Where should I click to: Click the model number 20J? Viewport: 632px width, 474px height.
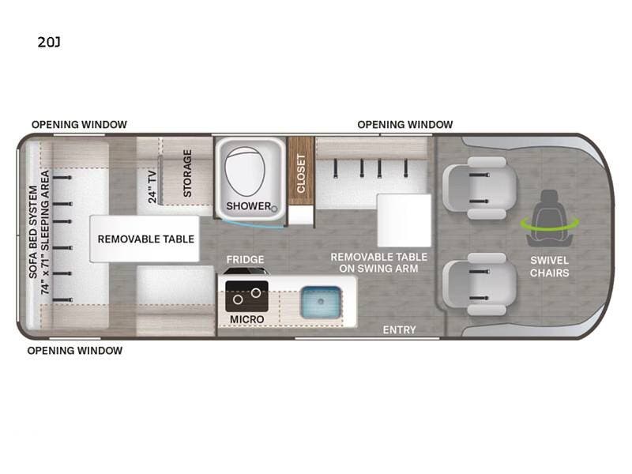tap(49, 42)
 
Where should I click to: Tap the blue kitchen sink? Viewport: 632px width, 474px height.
tap(321, 302)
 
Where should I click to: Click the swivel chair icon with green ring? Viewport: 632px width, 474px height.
tap(549, 219)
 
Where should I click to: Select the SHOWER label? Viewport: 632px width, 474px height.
tap(249, 206)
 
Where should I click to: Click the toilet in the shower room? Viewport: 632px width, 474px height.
tap(245, 171)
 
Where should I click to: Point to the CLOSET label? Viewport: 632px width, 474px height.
tap(301, 174)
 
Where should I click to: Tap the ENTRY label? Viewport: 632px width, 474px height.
tap(399, 330)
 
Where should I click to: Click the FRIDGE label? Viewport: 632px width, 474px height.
tap(245, 260)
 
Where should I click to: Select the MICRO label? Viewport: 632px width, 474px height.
tap(246, 319)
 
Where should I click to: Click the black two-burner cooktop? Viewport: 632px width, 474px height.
tap(246, 296)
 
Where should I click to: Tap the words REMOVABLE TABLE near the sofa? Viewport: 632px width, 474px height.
tap(146, 239)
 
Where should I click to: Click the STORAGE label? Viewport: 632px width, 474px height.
tap(187, 173)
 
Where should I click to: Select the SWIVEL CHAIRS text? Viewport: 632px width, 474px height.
tap(549, 266)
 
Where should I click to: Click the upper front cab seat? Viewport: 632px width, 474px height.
tap(480, 188)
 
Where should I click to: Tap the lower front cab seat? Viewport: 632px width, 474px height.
tap(480, 284)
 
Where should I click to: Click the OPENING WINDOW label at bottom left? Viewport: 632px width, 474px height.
tap(74, 351)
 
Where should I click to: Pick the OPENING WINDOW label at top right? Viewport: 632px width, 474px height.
tap(405, 125)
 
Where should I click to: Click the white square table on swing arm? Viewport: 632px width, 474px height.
tap(404, 220)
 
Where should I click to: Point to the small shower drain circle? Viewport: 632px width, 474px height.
tap(274, 209)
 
